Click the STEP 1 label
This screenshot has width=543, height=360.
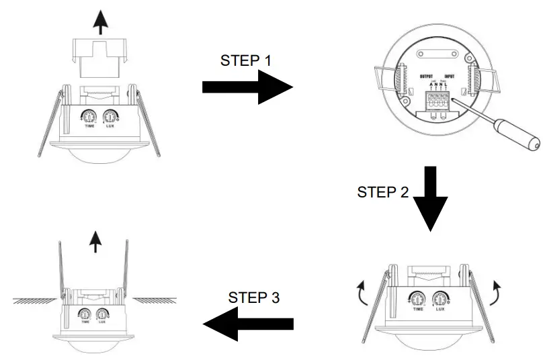pos(246,60)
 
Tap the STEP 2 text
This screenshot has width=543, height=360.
pos(383,193)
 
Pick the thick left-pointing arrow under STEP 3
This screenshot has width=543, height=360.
pos(248,324)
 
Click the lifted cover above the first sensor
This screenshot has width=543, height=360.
pos(100,61)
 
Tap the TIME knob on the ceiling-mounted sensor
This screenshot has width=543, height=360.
pos(86,313)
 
